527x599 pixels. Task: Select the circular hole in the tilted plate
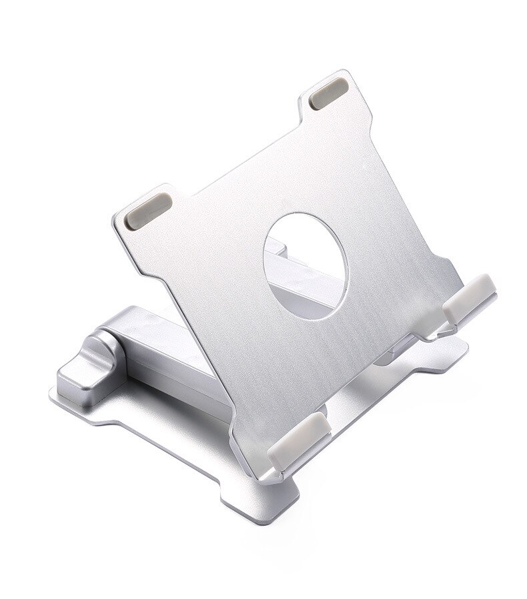307,261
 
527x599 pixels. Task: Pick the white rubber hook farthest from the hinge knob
469,298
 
